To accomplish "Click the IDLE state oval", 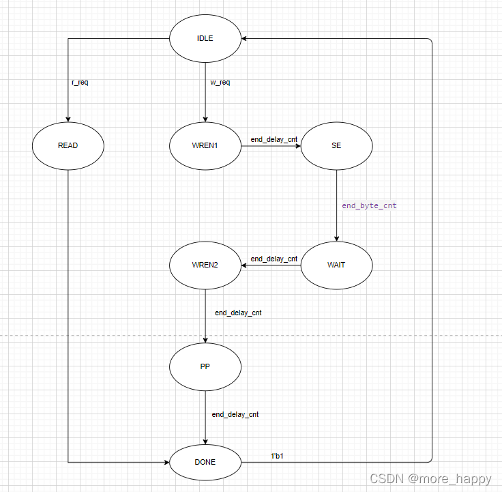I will (205, 38).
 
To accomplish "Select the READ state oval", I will (68, 145).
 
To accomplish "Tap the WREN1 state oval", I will (205, 145).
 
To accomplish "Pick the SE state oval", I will (336, 145).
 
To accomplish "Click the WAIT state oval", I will (336, 265).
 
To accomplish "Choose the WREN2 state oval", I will (205, 265).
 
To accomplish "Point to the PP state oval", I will (205, 366).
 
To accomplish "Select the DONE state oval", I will (205, 462).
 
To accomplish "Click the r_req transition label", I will (80, 83).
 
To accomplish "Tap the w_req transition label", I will (220, 83).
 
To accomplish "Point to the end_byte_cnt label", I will (369, 205).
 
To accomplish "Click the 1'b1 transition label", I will (277, 455).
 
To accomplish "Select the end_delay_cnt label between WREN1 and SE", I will (274, 139).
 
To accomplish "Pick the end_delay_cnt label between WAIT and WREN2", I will (274, 259).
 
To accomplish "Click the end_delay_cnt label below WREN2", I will (238, 313).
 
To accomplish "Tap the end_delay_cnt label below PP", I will (235, 414).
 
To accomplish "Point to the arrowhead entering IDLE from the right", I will (246, 39).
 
